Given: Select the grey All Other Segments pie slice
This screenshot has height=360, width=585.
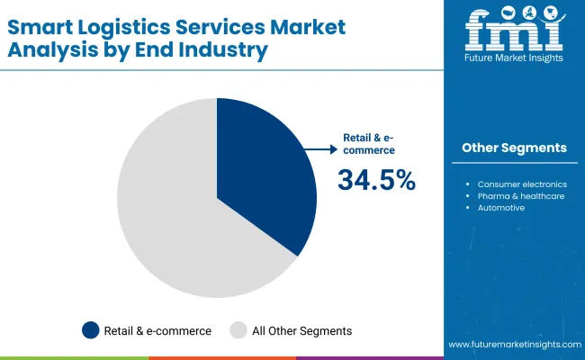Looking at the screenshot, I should (x=171, y=216).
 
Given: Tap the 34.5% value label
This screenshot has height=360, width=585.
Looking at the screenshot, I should (x=376, y=180).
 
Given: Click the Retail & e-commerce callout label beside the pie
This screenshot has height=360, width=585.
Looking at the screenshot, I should (x=369, y=144).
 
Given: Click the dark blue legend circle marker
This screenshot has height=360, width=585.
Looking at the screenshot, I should (x=90, y=330).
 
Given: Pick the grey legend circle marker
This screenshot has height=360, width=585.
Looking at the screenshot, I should (x=239, y=330).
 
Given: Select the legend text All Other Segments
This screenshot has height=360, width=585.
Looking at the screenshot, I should (x=302, y=330).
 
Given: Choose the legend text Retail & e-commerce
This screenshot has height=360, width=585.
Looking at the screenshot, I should (x=158, y=330).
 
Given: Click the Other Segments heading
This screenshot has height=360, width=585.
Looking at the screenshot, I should (x=514, y=148).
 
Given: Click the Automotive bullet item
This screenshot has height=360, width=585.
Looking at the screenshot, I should (x=501, y=208).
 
